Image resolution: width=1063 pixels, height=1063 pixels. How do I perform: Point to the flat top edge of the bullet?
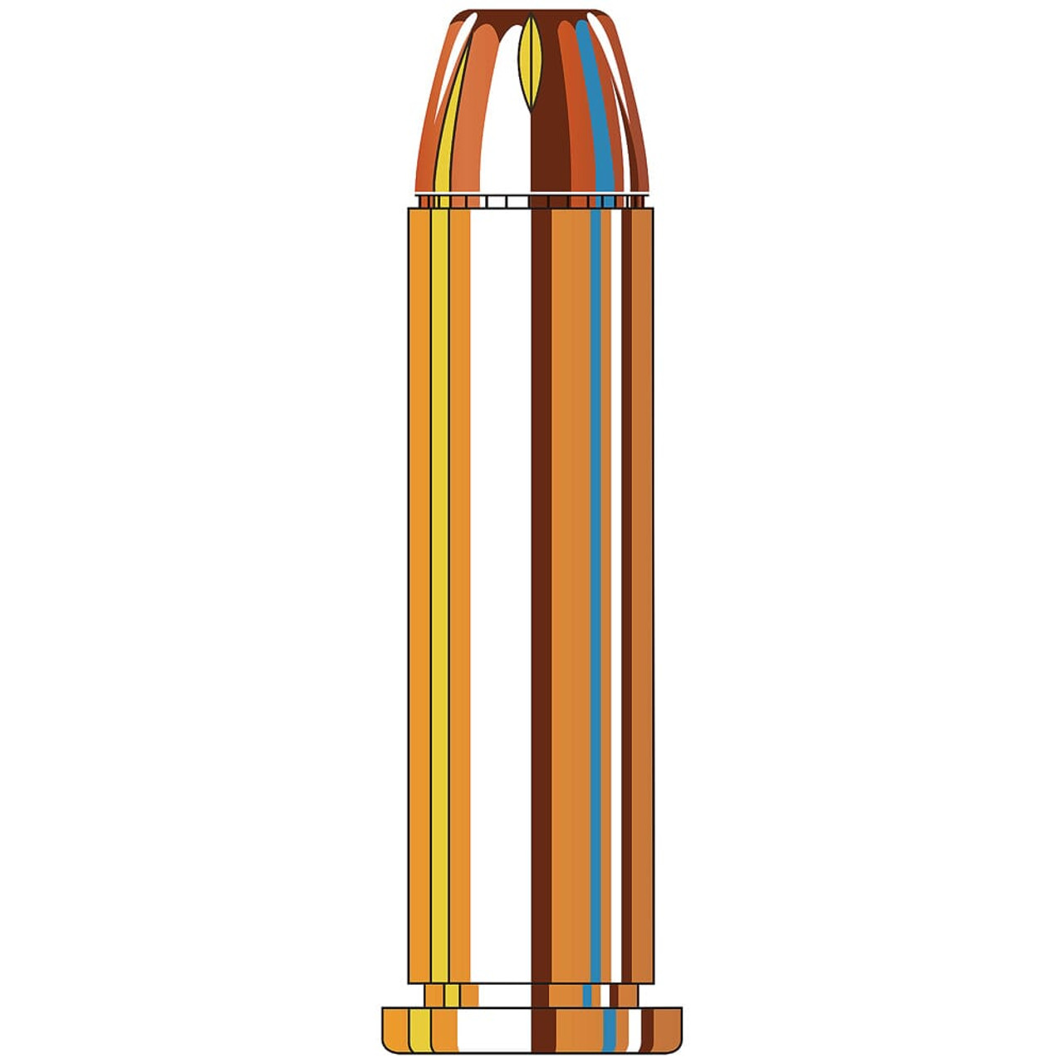click(x=531, y=12)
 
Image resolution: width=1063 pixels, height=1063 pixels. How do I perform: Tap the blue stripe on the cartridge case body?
click(x=595, y=581)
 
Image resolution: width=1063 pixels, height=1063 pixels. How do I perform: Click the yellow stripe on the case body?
click(x=439, y=581)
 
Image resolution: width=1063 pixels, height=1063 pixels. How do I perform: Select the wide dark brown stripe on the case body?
click(x=541, y=581)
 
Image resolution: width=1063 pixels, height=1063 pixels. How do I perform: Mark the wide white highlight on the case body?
click(x=499, y=581)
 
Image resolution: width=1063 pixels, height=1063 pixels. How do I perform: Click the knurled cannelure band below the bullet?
click(x=531, y=201)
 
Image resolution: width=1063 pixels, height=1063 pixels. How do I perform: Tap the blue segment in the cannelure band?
click(x=609, y=201)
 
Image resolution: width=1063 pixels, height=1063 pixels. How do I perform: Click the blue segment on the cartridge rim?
click(x=610, y=1031)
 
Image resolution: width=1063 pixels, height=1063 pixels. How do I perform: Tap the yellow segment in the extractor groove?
click(x=451, y=995)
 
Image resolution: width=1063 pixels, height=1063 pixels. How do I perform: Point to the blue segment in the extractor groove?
click(x=588, y=995)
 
